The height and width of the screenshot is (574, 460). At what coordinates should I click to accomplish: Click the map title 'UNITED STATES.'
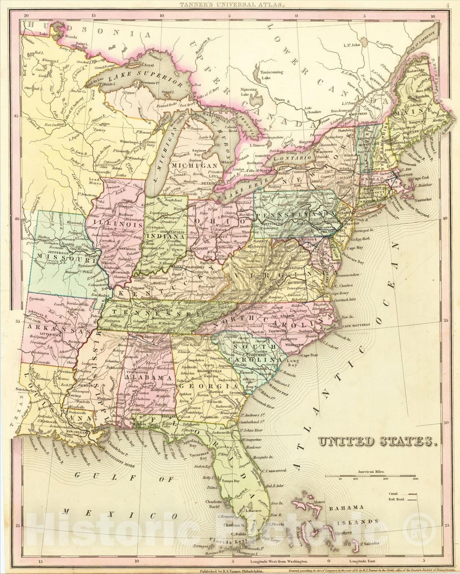point(377,442)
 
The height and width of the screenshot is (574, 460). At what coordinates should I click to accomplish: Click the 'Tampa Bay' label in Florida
point(229,480)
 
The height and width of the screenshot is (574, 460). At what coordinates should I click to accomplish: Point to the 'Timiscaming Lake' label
point(272,75)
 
